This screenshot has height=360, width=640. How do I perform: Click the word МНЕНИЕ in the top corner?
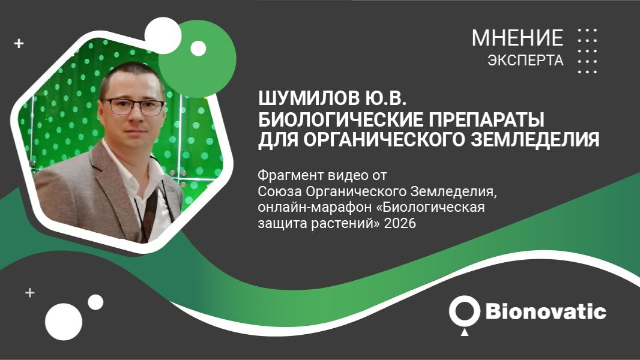click(x=517, y=38)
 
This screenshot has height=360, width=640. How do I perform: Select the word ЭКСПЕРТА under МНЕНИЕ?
click(x=525, y=61)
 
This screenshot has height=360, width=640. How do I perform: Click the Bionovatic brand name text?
click(x=545, y=312)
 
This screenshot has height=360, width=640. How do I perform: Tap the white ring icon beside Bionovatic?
click(x=464, y=310)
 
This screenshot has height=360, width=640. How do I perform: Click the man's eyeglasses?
click(x=133, y=107)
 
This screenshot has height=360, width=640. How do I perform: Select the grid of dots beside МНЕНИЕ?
click(x=587, y=50)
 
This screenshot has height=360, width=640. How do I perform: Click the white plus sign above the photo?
click(x=19, y=43)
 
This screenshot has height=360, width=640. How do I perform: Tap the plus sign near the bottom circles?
click(x=29, y=293)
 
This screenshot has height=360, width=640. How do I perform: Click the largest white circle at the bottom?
click(x=63, y=322)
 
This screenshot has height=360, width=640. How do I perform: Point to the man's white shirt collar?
click(x=120, y=157)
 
